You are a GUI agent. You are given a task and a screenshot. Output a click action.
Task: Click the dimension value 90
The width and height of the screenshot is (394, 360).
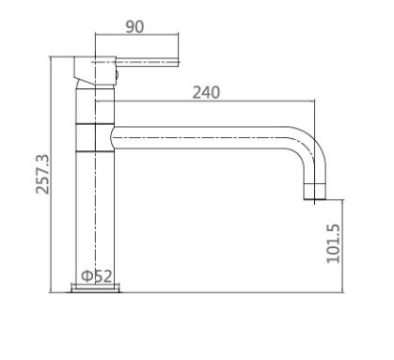click(x=134, y=26)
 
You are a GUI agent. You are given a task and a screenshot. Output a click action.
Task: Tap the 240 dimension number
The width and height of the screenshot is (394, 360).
click(x=206, y=92)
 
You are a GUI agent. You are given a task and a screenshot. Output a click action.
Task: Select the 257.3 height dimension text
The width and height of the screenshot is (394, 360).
click(x=42, y=174)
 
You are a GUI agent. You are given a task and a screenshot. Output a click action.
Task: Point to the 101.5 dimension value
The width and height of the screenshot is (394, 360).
click(x=333, y=243)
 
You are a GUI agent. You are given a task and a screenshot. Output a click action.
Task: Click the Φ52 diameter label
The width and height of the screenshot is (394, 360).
click(x=97, y=276)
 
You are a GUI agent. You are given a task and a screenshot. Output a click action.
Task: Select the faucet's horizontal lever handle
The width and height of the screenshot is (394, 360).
click(x=147, y=62)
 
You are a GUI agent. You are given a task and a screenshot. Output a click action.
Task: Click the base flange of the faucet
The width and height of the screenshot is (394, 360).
click(x=96, y=289)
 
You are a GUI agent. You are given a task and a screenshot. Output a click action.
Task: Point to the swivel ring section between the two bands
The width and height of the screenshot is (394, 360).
click(x=95, y=138)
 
